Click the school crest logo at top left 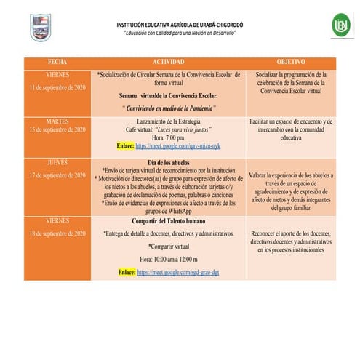(40, 27)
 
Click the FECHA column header (57, 62)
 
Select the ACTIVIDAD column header (168, 62)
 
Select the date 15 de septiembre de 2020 (57, 130)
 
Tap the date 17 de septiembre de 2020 (57, 175)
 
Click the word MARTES (57, 121)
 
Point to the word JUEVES (57, 163)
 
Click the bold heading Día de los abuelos (168, 163)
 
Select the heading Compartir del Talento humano (168, 220)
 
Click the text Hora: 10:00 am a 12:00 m (168, 259)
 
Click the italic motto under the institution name (179, 33)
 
